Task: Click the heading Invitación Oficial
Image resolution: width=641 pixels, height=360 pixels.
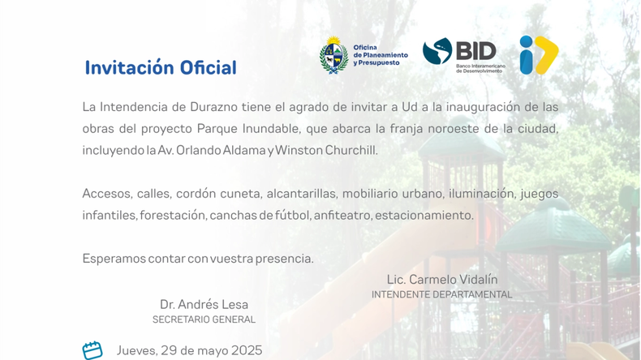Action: point(161,67)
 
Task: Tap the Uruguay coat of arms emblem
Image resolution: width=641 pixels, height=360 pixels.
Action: point(334,55)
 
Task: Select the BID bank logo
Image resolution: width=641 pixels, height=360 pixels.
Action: point(464,56)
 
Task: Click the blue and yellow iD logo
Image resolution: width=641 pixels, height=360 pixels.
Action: point(539,55)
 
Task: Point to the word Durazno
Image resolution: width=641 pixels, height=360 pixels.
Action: point(214,107)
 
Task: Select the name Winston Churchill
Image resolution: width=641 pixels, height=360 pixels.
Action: point(325,150)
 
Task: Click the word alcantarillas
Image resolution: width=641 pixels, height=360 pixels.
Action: point(301,193)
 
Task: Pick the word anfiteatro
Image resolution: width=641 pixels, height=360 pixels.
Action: point(342,216)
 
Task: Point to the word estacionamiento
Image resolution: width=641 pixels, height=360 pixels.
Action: point(424,216)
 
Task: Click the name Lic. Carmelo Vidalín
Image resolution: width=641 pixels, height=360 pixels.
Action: point(442,280)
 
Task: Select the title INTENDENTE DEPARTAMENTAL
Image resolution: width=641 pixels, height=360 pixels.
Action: point(442,294)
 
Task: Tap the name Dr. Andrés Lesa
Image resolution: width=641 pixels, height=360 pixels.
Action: point(204,304)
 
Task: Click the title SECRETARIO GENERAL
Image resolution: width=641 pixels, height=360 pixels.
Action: point(204,319)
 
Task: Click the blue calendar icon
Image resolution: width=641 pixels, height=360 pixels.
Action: point(92,350)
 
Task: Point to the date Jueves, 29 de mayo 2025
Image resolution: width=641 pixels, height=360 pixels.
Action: point(189,350)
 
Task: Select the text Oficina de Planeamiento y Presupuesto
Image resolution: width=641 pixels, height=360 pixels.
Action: point(381,55)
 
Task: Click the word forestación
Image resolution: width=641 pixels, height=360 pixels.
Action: point(172,216)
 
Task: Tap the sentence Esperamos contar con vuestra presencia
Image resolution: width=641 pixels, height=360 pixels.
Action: point(198,259)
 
